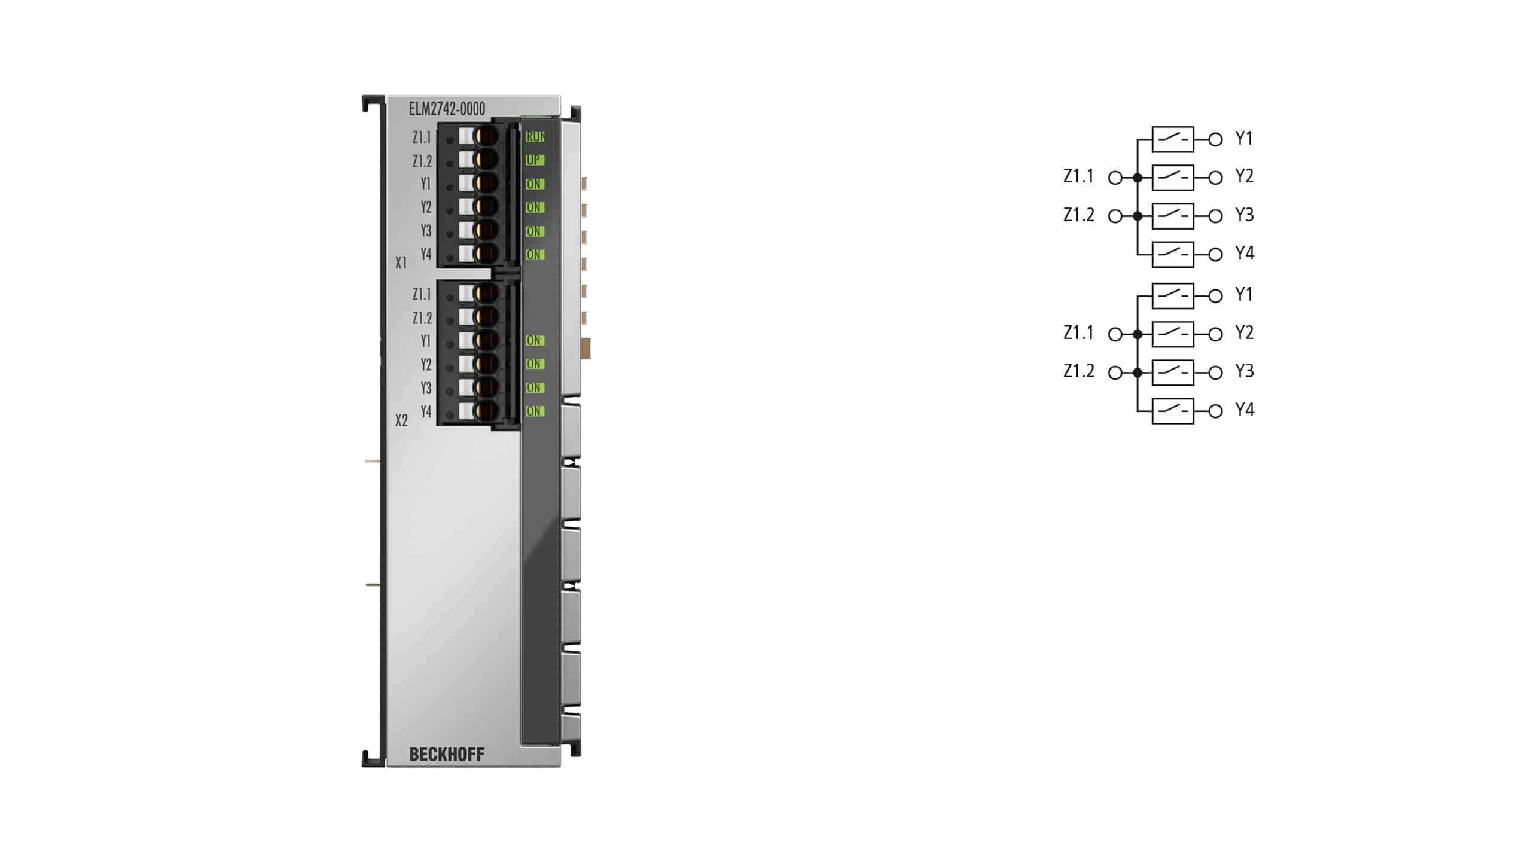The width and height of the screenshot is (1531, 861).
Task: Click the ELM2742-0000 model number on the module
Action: click(447, 109)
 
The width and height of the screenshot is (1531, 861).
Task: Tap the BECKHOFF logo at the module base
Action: click(447, 755)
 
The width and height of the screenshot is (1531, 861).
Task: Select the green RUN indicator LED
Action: click(535, 137)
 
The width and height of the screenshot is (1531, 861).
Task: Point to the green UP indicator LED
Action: click(534, 160)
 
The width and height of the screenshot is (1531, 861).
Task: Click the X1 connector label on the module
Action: click(401, 262)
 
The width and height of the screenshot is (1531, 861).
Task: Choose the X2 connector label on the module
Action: click(401, 420)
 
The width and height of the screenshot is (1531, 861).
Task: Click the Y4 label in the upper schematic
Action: click(1245, 254)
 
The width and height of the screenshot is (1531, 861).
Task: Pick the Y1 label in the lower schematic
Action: click(1244, 294)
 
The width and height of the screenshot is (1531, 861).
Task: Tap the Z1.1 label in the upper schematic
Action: click(1078, 176)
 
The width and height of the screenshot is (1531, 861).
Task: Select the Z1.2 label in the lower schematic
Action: click(1079, 371)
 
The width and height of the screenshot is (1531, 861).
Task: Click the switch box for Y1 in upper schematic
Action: click(1173, 139)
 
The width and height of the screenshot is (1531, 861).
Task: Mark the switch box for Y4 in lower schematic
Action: click(1173, 411)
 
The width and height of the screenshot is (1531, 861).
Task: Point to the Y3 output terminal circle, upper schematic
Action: click(1215, 216)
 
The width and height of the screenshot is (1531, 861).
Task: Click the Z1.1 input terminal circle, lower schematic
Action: click(1115, 334)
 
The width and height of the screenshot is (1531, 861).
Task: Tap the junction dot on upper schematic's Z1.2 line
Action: click(1137, 216)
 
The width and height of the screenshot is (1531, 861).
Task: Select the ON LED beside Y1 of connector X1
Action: click(534, 184)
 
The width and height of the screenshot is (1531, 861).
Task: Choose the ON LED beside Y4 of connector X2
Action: click(534, 411)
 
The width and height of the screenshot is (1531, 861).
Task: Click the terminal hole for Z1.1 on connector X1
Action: click(487, 136)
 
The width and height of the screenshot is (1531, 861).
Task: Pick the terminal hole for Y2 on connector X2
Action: click(487, 364)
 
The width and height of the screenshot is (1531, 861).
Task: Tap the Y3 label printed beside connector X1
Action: click(426, 231)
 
